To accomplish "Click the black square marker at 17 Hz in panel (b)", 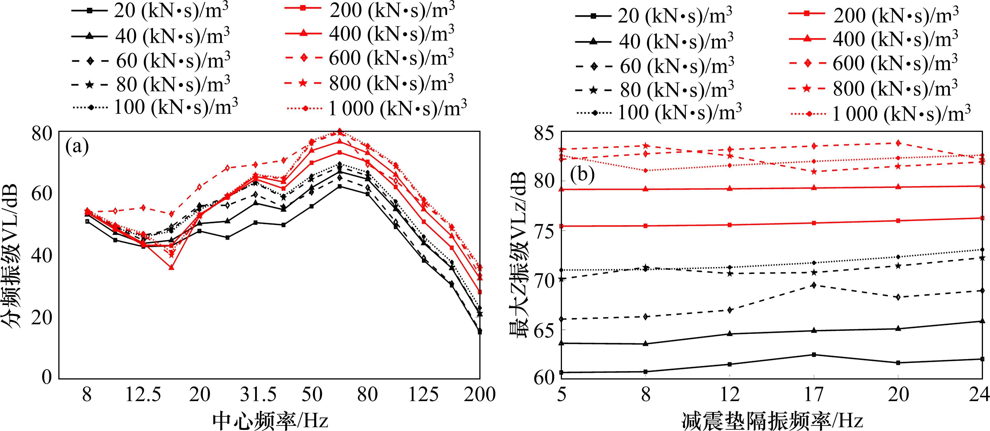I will tap(814, 355).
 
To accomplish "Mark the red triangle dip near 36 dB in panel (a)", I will tap(171, 267).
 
